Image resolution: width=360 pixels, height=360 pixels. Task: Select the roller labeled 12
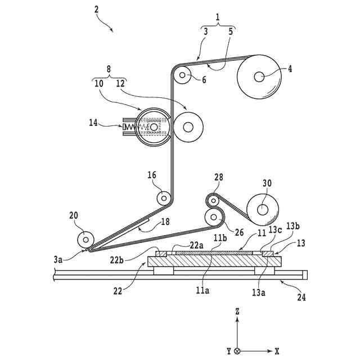click(x=189, y=126)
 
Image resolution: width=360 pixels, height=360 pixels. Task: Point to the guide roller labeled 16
click(x=163, y=198)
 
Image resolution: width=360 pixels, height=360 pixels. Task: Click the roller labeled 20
click(x=85, y=239)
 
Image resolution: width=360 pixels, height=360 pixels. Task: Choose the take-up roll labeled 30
click(x=263, y=209)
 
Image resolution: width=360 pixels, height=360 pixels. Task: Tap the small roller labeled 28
click(x=213, y=200)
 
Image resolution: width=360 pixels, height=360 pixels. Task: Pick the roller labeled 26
click(x=214, y=215)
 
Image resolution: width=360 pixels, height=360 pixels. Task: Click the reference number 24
click(x=301, y=297)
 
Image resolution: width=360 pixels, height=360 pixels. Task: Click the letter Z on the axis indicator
click(x=238, y=310)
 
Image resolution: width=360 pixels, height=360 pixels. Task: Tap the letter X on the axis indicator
click(x=277, y=351)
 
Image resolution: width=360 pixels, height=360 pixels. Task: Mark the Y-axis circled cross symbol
click(x=238, y=351)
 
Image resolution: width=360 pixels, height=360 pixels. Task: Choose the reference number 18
click(x=165, y=222)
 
